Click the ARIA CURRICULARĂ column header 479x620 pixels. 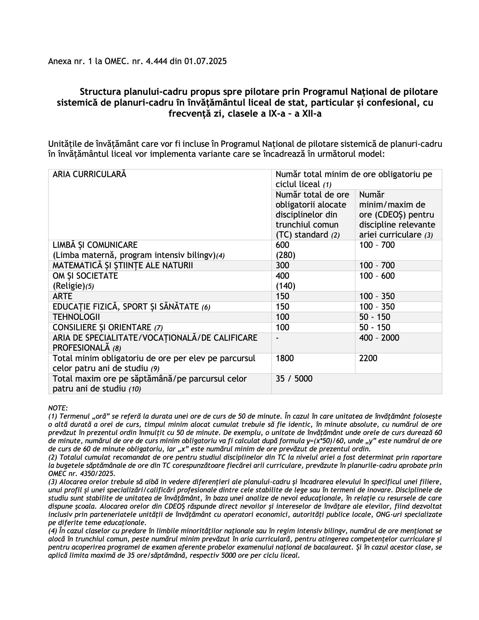(x=89, y=174)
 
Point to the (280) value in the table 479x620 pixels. (x=285, y=255)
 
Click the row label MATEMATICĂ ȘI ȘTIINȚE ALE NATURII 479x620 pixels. (x=123, y=265)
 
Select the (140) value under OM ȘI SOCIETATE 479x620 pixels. (x=285, y=286)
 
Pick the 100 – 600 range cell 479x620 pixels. (x=377, y=276)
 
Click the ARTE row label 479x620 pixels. (x=62, y=296)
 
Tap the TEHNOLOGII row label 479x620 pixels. (x=76, y=317)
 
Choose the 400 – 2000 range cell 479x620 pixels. (x=379, y=338)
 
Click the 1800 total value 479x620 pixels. (x=285, y=358)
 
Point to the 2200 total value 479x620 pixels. (x=368, y=358)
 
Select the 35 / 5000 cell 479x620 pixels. (x=294, y=379)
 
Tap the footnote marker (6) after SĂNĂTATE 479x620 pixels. (x=206, y=307)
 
